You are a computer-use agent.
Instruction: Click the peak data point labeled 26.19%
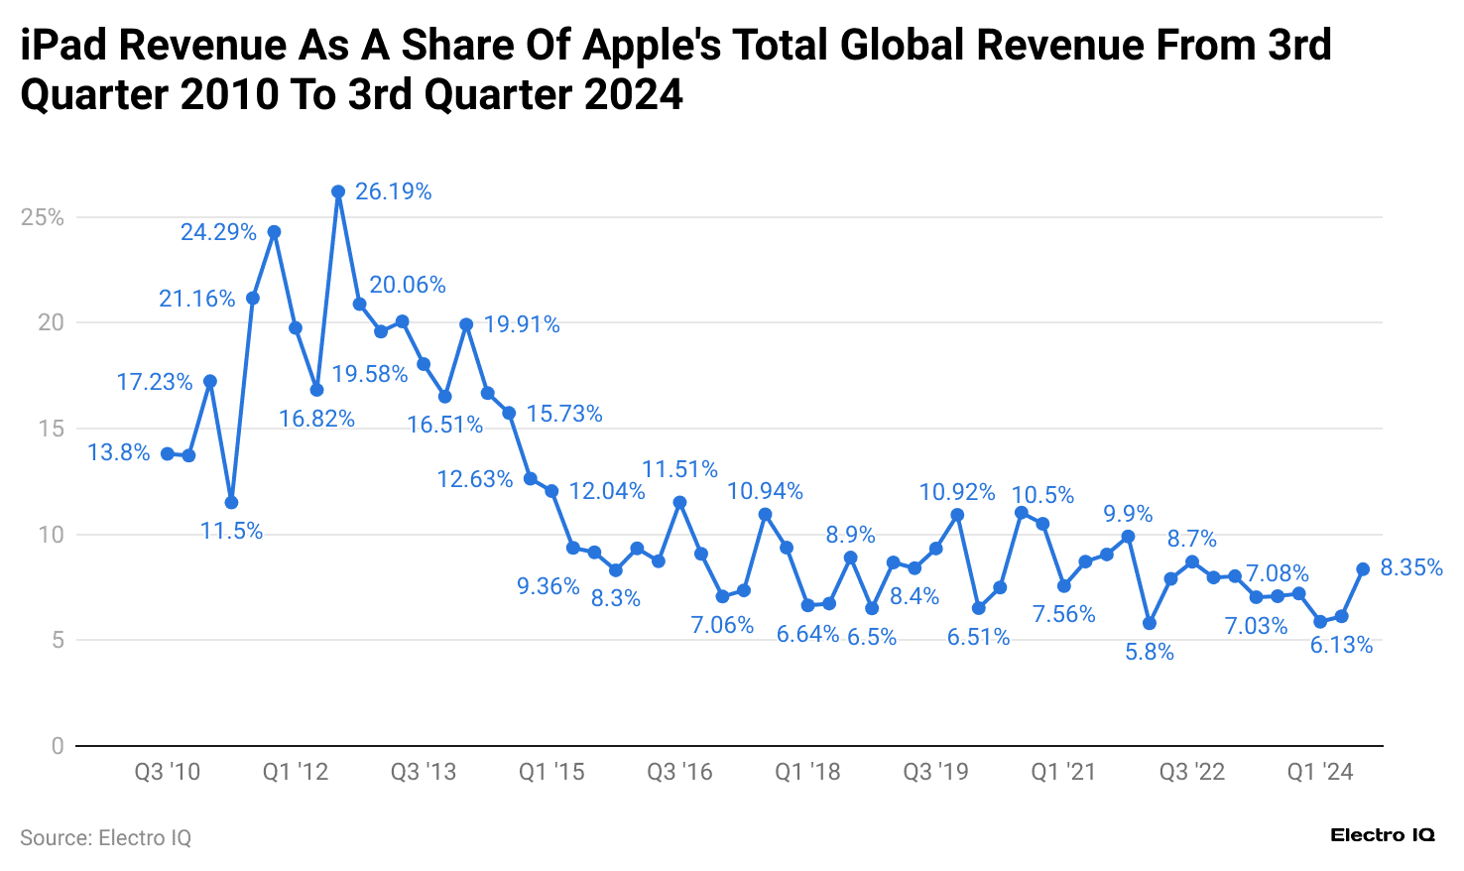(x=338, y=191)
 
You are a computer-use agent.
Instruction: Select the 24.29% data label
(x=218, y=232)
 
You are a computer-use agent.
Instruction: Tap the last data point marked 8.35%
(x=1363, y=569)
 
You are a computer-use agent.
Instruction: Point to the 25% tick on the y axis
(x=43, y=217)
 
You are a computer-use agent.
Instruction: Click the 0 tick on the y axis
(x=58, y=746)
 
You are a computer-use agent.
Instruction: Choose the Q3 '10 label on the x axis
(x=167, y=773)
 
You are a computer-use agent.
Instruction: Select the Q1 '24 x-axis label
(x=1319, y=773)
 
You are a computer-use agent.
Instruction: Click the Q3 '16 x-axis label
(x=679, y=773)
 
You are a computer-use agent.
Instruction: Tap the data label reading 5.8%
(x=1150, y=652)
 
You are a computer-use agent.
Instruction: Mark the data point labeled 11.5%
(x=231, y=502)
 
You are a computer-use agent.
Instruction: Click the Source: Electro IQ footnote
(x=105, y=838)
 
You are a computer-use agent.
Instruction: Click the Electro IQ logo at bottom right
(x=1382, y=835)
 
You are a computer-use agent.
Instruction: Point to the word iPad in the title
(x=64, y=46)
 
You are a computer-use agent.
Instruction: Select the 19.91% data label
(x=522, y=324)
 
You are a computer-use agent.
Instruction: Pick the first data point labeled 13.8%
(x=167, y=453)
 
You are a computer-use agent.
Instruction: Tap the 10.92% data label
(x=956, y=492)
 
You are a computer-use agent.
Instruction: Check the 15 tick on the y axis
(x=51, y=429)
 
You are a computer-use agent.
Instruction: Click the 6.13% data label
(x=1341, y=645)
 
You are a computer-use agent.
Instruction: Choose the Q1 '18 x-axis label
(x=807, y=773)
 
